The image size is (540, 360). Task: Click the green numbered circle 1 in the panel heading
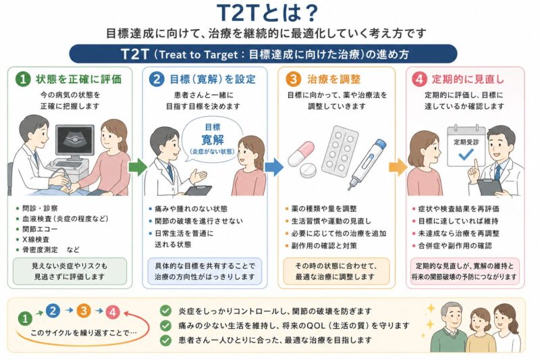click(x=23, y=79)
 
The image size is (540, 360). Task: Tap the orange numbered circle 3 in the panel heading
click(x=293, y=79)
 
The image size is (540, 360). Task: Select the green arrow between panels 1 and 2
click(x=138, y=167)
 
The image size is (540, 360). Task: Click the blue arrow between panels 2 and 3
click(x=274, y=167)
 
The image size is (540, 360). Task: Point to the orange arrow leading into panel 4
click(x=398, y=167)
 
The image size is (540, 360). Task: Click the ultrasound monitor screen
click(x=75, y=140)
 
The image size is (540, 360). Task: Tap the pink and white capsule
click(x=301, y=153)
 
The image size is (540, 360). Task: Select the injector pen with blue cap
click(x=367, y=163)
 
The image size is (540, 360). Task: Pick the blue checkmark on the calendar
click(x=466, y=155)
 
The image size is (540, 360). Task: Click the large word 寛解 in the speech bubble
click(x=213, y=140)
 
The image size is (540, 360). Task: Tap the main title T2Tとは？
click(x=267, y=13)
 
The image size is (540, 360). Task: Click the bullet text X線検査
click(x=36, y=239)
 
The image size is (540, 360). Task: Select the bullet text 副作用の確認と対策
click(x=324, y=246)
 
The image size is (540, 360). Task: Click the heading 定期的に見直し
click(x=468, y=79)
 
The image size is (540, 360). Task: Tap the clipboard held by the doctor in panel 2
click(x=198, y=190)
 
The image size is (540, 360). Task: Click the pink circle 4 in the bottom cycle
click(x=113, y=313)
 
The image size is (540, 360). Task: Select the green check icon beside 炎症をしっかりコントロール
click(x=165, y=311)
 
